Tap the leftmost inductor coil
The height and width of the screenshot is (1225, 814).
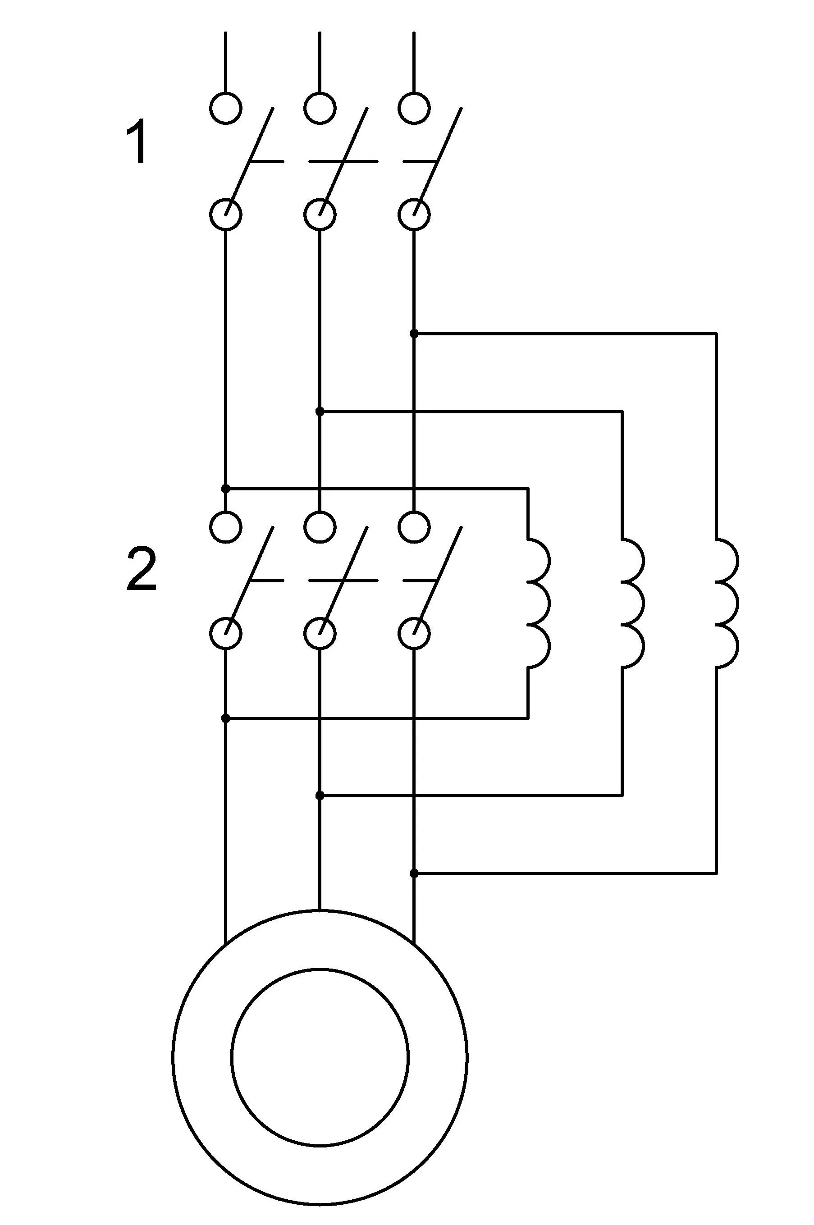(538, 603)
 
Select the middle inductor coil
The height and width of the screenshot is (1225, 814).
(632, 603)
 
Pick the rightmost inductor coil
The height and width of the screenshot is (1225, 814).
(726, 603)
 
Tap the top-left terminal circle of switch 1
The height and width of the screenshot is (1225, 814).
(226, 109)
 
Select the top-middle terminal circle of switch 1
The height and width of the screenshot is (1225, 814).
(320, 109)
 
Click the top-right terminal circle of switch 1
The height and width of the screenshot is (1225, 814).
(414, 109)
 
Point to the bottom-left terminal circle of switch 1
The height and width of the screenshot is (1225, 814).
(226, 215)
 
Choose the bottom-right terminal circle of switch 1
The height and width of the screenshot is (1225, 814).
(414, 215)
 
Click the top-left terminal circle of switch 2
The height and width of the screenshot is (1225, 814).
(226, 527)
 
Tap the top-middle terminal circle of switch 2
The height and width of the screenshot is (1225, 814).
(320, 527)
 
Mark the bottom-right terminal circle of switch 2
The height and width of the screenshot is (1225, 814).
(414, 634)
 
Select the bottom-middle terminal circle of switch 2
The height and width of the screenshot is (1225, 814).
(320, 634)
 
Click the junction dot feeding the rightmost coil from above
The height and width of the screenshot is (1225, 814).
(414, 333)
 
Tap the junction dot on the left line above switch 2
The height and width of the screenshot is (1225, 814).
(226, 489)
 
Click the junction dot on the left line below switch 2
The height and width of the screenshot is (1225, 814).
(226, 718)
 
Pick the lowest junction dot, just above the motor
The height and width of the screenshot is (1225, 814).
(414, 873)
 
